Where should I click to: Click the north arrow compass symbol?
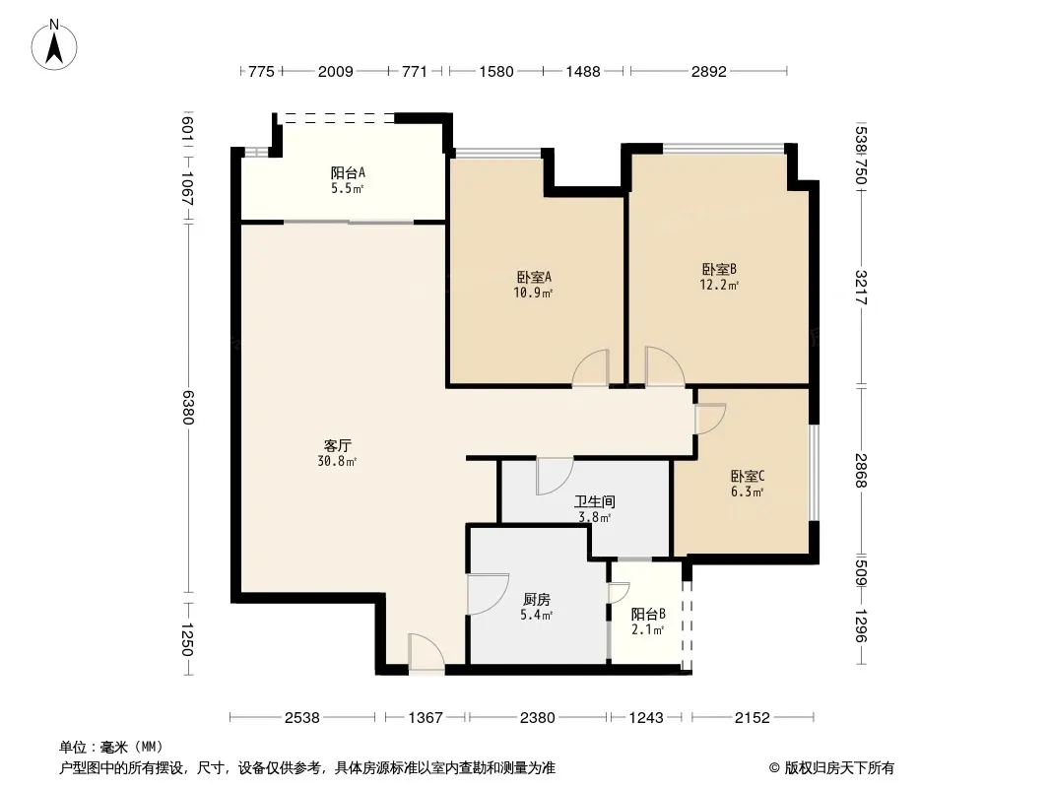(54, 45)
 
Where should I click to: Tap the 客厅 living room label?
(338, 446)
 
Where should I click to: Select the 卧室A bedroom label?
(534, 277)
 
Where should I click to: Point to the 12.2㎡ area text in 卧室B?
(719, 286)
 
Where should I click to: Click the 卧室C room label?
(748, 477)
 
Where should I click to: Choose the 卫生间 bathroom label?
(595, 501)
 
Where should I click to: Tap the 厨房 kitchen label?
(537, 599)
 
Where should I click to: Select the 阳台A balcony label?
(348, 172)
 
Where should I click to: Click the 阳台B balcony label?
(648, 614)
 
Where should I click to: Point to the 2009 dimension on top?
(336, 71)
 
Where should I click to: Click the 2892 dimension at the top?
(708, 71)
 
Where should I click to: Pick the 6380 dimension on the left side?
(188, 407)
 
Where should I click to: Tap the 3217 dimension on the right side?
(861, 288)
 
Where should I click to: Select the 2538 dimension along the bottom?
(302, 718)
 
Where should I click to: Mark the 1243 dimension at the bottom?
(646, 718)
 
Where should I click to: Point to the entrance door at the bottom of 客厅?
(426, 652)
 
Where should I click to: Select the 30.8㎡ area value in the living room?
(337, 461)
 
